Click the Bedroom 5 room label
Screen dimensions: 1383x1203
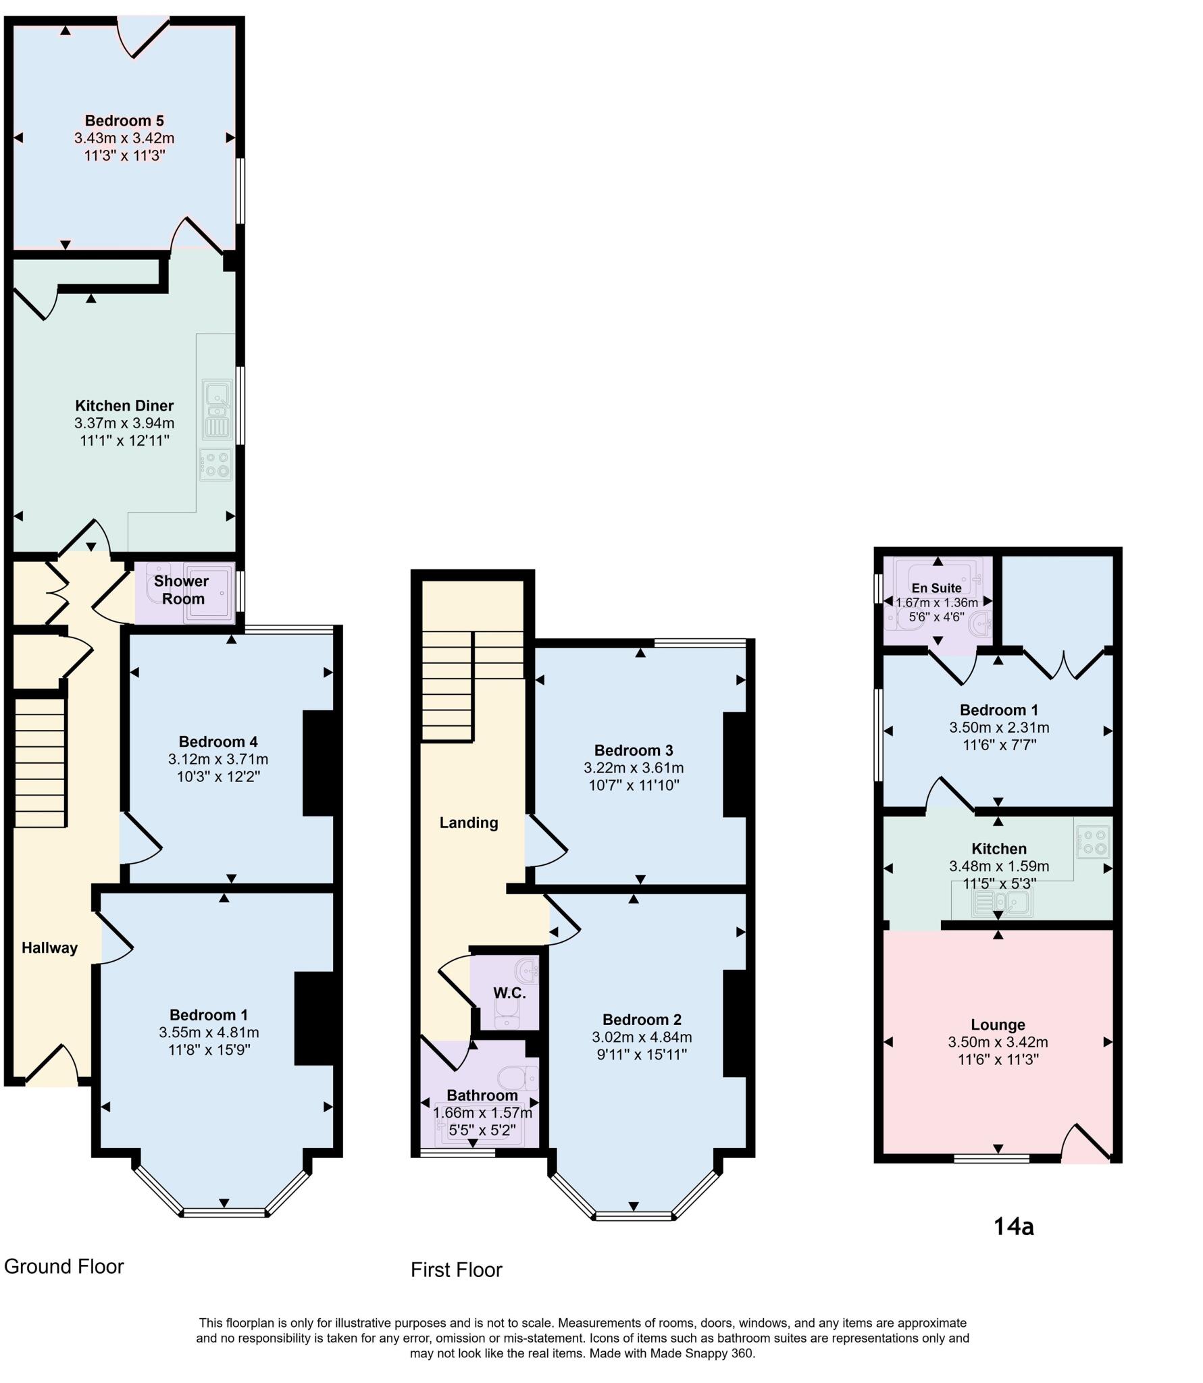click(124, 121)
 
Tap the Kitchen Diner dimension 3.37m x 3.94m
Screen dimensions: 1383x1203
click(124, 423)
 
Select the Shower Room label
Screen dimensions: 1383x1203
click(182, 590)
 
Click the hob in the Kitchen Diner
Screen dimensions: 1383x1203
click(216, 465)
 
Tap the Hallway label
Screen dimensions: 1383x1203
click(49, 947)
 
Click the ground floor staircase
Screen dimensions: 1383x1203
click(40, 762)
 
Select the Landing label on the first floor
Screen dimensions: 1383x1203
click(469, 823)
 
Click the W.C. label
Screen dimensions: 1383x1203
click(509, 993)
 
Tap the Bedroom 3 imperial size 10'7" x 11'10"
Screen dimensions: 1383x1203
click(634, 785)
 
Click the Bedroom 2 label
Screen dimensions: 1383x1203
click(642, 1019)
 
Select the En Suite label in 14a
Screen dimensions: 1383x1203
click(936, 588)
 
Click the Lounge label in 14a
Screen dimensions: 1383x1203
click(998, 1024)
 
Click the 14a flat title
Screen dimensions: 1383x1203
click(1013, 1226)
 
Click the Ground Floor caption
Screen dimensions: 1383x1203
click(64, 1266)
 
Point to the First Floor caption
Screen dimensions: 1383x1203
click(457, 1270)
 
